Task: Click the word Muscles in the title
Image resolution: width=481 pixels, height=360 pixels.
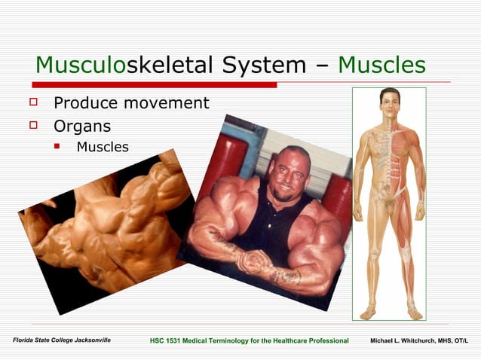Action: click(381, 66)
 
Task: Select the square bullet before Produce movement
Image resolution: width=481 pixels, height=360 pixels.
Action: click(32, 101)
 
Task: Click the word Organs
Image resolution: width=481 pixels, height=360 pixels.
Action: click(82, 126)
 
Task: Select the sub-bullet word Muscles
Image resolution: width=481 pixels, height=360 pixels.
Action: click(103, 147)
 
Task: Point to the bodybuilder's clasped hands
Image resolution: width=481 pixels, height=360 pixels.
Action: click(255, 262)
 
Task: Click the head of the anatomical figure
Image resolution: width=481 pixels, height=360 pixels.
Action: click(389, 101)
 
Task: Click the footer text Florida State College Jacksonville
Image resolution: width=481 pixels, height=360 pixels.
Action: click(62, 341)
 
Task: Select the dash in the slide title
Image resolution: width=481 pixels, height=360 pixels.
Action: click(322, 66)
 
